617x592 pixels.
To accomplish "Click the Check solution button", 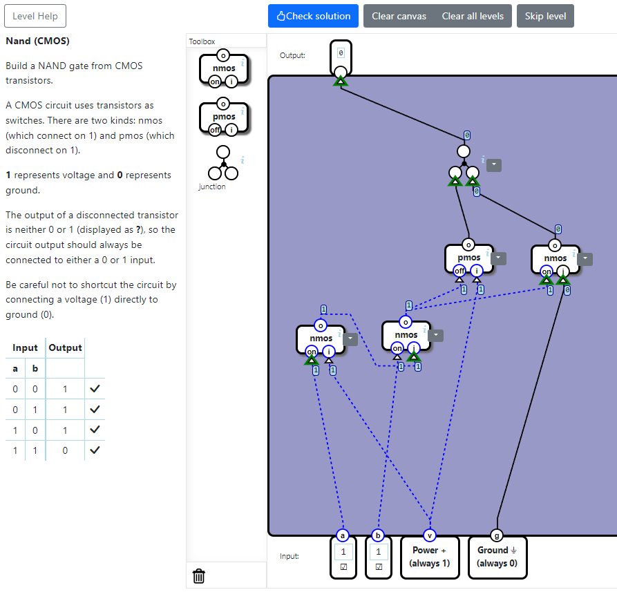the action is click(x=313, y=16).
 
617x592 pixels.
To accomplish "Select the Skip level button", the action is click(x=545, y=16).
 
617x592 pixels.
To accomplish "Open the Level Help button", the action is click(x=35, y=16).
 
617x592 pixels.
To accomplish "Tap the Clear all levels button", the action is click(x=473, y=16).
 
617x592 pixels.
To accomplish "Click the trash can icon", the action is click(x=199, y=576).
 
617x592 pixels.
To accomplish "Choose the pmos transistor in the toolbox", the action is click(x=223, y=117).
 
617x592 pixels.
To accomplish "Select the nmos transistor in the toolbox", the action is click(x=223, y=68).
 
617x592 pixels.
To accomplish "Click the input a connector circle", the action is click(x=343, y=535).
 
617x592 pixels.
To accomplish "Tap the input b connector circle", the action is click(x=378, y=535).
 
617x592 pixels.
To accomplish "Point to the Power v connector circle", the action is click(x=430, y=535).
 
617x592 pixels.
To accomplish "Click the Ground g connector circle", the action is click(x=497, y=535).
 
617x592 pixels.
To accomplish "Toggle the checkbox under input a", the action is click(x=343, y=567).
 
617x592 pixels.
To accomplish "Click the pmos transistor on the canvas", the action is click(x=468, y=258).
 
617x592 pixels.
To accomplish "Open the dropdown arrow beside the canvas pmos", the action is click(x=499, y=258).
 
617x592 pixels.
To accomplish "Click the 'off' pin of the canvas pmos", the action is click(x=459, y=271).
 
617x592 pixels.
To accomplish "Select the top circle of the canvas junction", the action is click(x=464, y=151).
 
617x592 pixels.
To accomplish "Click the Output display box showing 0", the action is click(x=341, y=52).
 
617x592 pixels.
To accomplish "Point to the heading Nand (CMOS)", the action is click(x=37, y=41).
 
